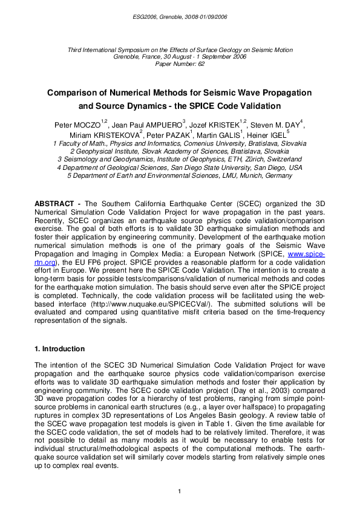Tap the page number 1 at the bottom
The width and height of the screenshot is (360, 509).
180,490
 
